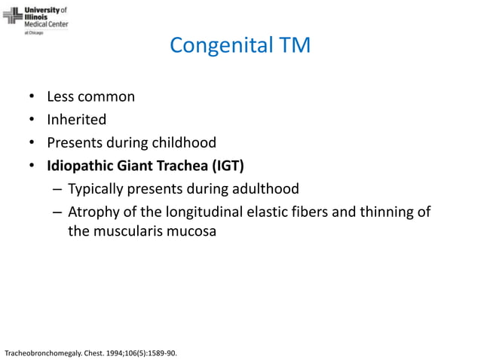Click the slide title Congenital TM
pos(240,46)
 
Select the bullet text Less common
pos(90,97)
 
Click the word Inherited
pos(76,120)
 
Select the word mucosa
pos(193,231)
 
